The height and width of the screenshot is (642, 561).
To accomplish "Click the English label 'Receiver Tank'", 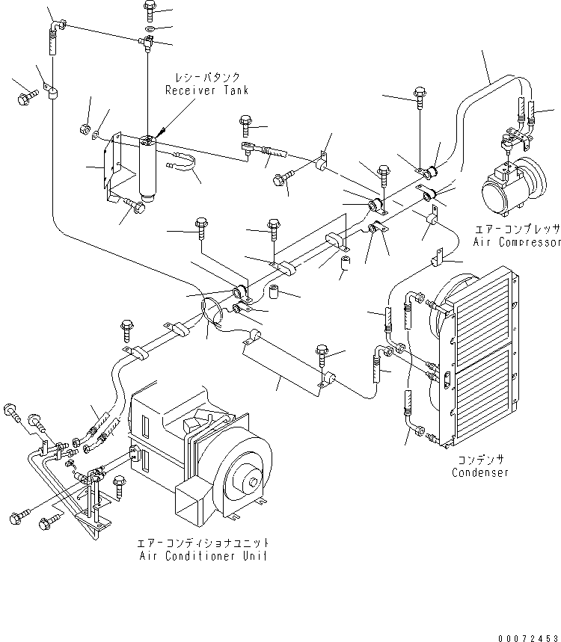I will (x=207, y=90).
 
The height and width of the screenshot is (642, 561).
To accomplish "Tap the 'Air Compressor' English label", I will (x=516, y=243).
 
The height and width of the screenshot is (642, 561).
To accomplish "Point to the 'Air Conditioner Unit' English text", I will (x=203, y=556).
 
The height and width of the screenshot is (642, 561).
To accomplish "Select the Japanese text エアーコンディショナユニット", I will (x=203, y=543).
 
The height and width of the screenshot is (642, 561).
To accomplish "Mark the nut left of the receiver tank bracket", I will (x=85, y=129).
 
